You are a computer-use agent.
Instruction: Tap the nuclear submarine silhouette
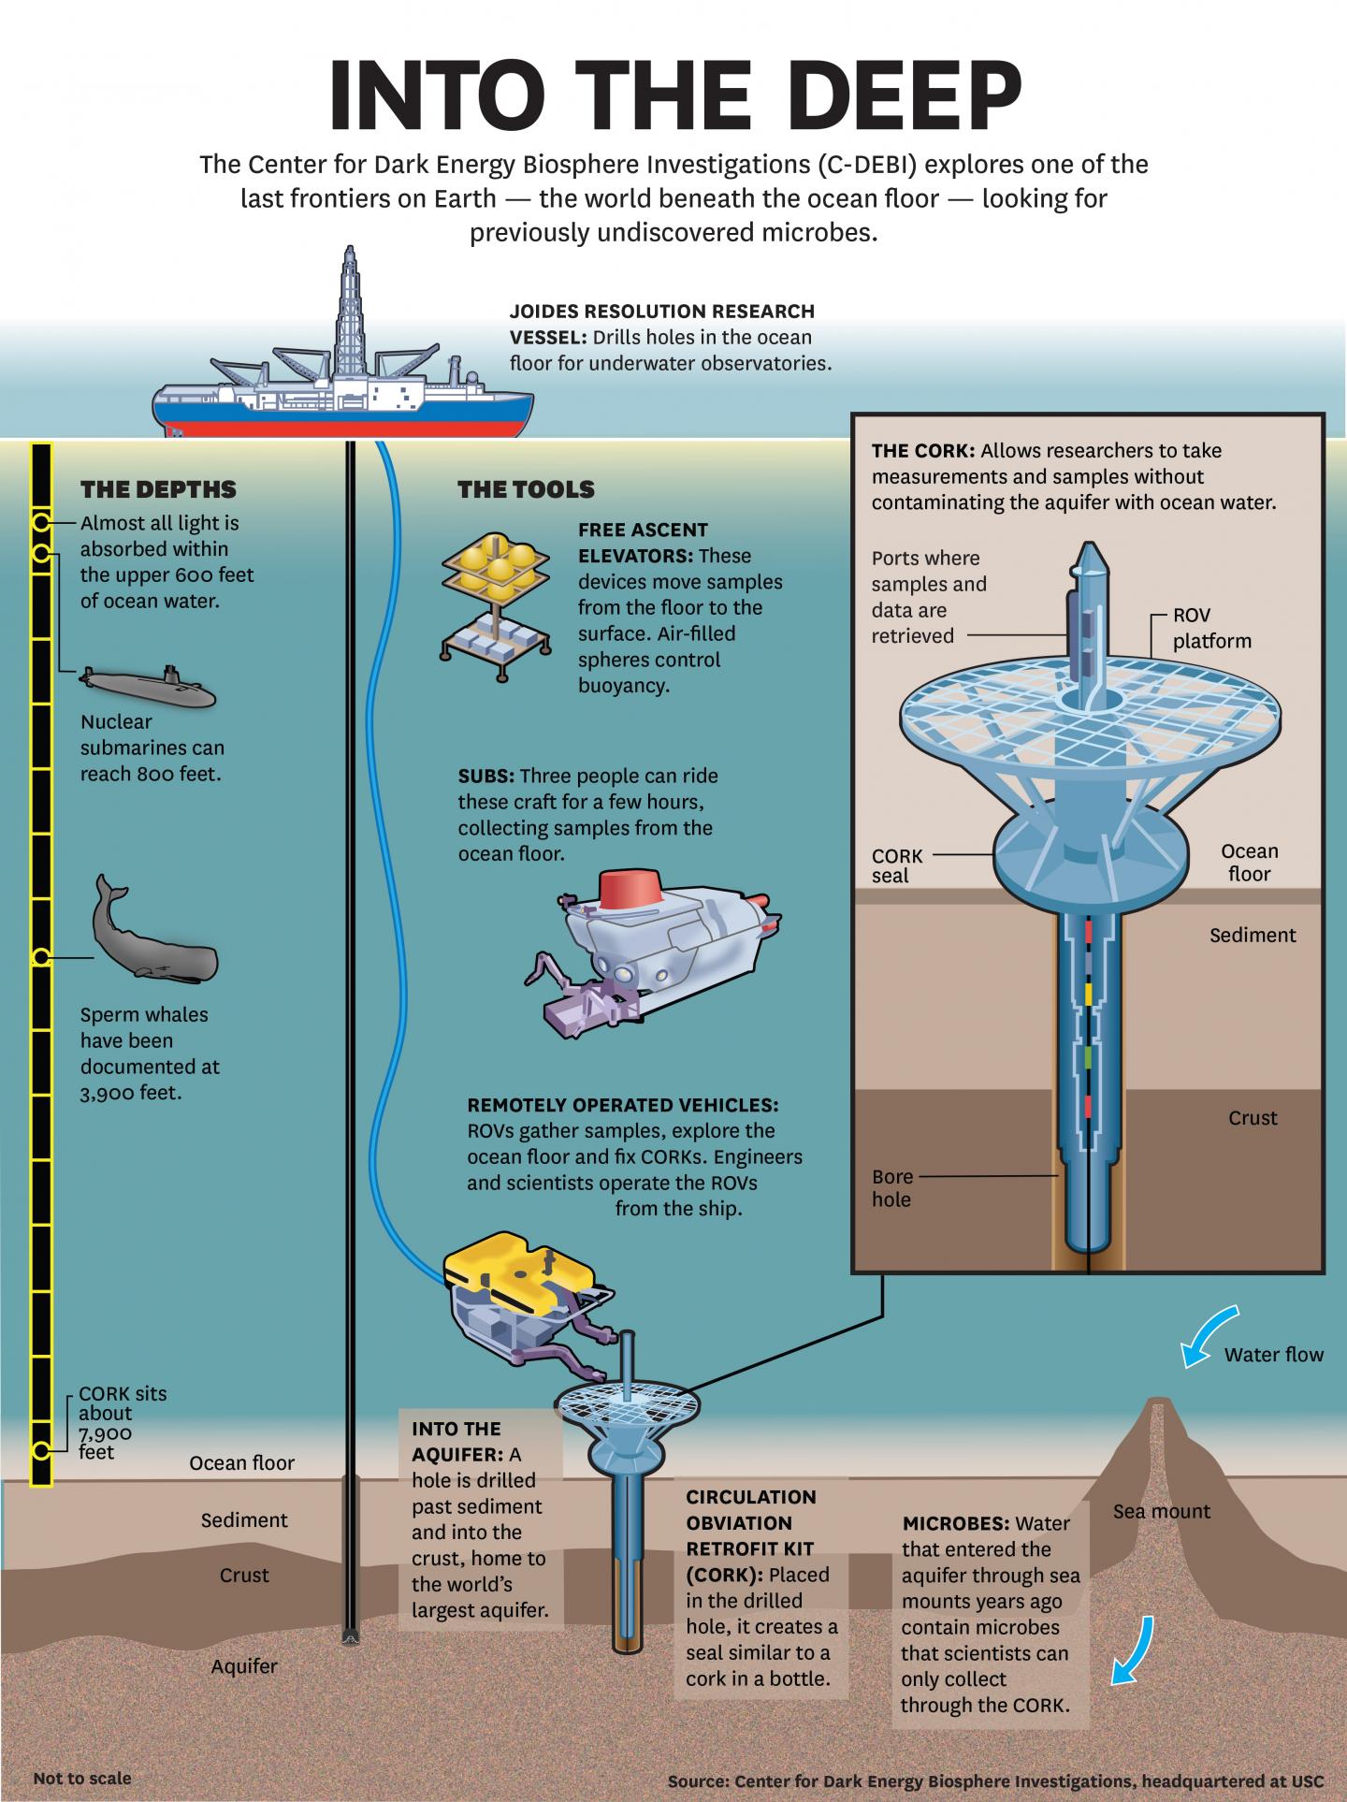150,688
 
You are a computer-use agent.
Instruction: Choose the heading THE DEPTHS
158,489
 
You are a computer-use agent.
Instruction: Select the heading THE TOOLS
526,489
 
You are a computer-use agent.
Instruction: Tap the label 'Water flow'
1274,1354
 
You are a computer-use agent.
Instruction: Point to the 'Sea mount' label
1161,1511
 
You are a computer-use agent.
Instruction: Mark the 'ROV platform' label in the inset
1211,628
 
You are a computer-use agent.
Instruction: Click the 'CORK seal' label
897,865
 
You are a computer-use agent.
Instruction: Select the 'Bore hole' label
891,1187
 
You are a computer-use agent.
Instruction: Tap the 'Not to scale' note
82,1778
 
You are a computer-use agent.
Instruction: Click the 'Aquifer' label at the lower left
244,1666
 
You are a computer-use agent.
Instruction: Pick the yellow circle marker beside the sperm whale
40,957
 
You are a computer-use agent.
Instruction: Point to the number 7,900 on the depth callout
106,1433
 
